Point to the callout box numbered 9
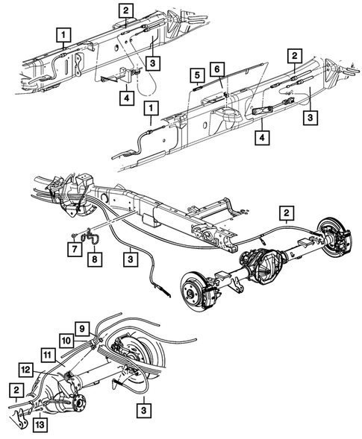pyautogui.click(x=83, y=326)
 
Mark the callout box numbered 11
pyautogui.click(x=47, y=355)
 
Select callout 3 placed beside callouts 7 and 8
pyautogui.click(x=131, y=259)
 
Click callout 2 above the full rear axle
pyautogui.click(x=286, y=214)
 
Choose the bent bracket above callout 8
pyautogui.click(x=89, y=237)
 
